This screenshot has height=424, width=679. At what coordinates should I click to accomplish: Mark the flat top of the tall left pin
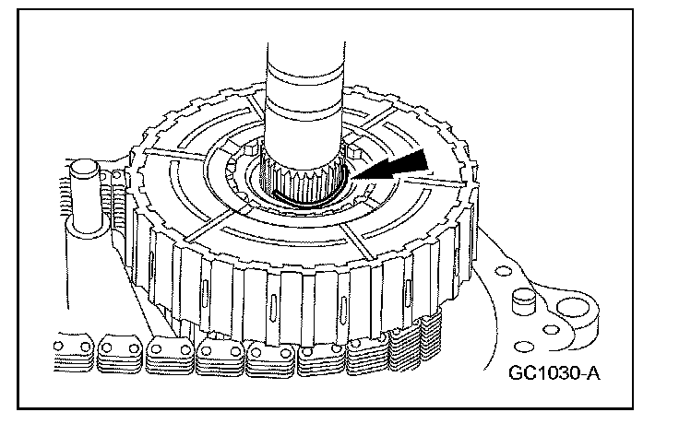coord(84,168)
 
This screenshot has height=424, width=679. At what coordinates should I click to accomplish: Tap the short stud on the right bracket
coord(524,301)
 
